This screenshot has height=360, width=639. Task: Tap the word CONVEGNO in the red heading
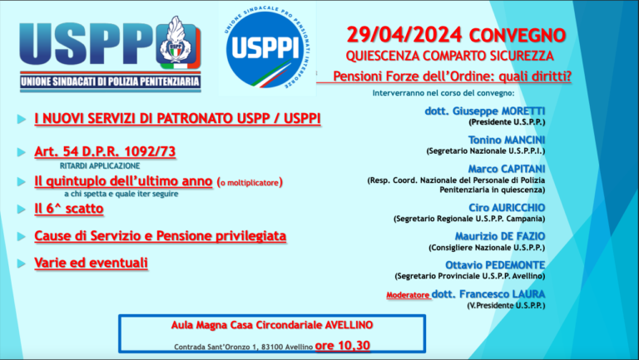coord(517,36)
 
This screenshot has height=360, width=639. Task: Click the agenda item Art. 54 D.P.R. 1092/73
coord(104,151)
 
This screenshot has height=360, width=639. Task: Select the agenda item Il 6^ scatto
coord(68,209)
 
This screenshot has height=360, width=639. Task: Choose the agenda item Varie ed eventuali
coord(91,263)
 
